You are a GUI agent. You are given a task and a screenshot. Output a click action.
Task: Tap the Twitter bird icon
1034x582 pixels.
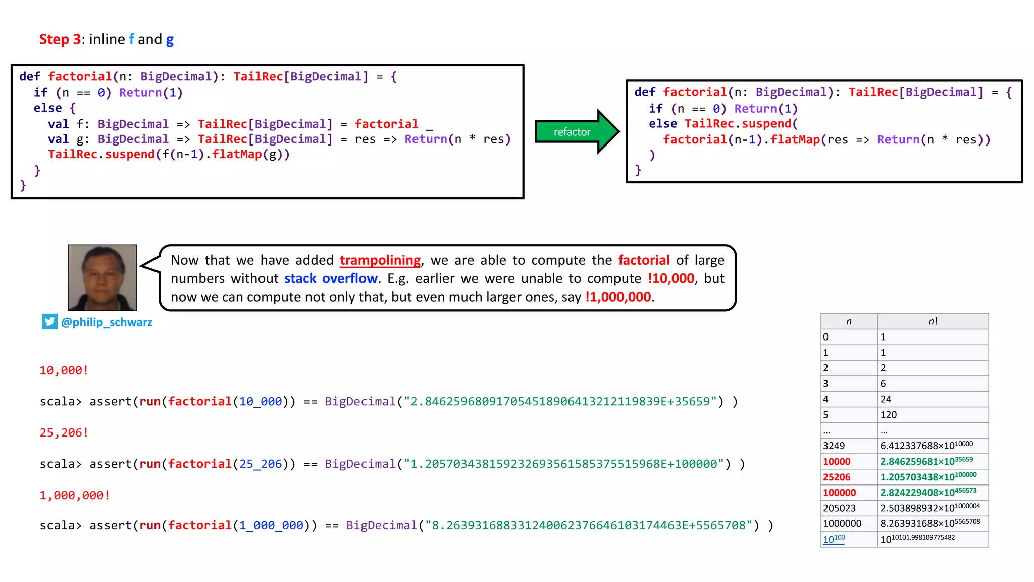[x=49, y=322]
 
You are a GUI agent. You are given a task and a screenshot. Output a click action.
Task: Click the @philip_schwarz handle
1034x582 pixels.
[x=107, y=322]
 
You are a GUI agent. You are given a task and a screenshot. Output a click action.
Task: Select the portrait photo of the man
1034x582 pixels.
[x=102, y=277]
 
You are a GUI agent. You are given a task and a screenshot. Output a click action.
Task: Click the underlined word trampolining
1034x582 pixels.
[x=380, y=260]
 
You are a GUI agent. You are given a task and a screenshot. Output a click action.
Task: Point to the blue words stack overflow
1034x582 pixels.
[x=331, y=278]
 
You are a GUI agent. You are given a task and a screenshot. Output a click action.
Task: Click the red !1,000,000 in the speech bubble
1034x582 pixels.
[x=618, y=297]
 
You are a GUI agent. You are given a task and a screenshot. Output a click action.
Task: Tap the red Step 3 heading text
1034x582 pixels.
[x=60, y=39]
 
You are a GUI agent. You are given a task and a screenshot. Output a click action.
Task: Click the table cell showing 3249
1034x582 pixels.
[x=834, y=446]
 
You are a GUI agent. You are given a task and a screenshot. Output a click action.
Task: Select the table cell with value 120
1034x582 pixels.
[x=889, y=415]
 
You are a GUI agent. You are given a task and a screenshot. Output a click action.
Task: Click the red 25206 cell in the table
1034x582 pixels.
[x=837, y=477]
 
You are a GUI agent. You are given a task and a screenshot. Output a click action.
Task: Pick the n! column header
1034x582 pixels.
[x=933, y=321]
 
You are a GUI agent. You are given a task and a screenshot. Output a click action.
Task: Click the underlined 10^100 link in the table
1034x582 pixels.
[x=834, y=539]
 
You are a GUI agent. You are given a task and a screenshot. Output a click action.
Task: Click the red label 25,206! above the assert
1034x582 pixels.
[x=64, y=433]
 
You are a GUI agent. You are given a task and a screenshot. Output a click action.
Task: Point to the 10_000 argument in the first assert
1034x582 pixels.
[x=261, y=402]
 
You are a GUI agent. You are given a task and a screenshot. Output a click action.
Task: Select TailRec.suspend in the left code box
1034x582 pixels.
[x=101, y=155]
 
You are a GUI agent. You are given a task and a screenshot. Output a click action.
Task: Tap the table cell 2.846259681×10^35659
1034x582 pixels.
[x=926, y=461]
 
